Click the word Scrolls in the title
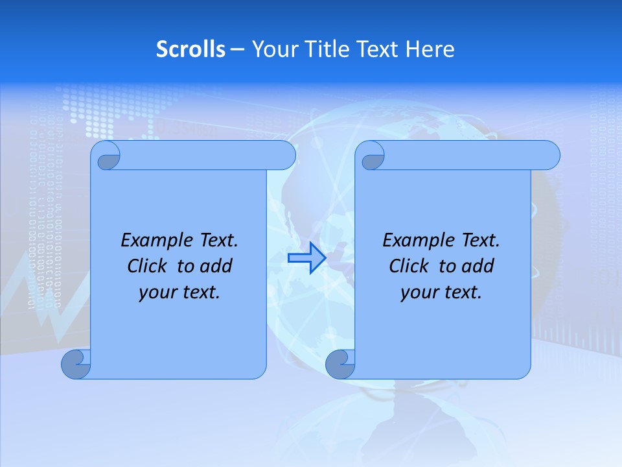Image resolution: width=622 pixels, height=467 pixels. [190, 49]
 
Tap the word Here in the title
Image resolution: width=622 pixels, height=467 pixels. [430, 49]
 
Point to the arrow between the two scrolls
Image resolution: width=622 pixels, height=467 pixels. [306, 258]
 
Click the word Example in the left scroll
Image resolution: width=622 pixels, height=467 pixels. [154, 241]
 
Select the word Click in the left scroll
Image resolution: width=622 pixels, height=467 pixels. [148, 267]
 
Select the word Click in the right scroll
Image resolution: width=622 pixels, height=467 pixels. [409, 267]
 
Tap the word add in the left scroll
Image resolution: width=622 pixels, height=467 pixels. [217, 267]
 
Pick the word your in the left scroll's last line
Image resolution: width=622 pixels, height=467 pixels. [157, 293]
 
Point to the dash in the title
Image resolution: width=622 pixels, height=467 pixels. [237, 49]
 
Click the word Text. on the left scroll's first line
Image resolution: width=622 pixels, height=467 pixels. [216, 241]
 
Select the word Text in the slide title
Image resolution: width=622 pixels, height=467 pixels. [378, 49]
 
